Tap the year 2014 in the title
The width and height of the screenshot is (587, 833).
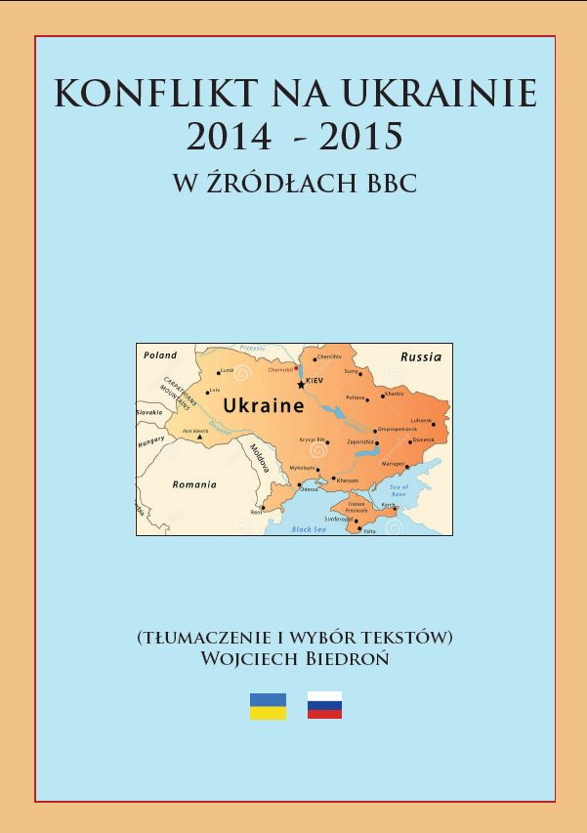coord(229,138)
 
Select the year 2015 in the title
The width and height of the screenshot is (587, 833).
coord(360,138)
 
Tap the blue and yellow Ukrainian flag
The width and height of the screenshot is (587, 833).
coord(269,706)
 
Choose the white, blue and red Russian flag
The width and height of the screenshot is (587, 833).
coord(324,705)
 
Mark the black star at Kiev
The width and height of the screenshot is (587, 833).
coord(301,385)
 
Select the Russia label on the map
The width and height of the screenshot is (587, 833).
coord(421,356)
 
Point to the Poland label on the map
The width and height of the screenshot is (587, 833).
coord(160,355)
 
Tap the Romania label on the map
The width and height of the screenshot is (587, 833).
coord(194,484)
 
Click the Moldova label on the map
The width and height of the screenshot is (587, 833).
coord(259,458)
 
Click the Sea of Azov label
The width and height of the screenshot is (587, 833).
coord(398,490)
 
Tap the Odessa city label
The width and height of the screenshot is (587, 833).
coord(309,488)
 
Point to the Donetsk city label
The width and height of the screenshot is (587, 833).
coord(424,439)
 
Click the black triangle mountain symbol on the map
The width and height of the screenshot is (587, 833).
coord(199,437)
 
